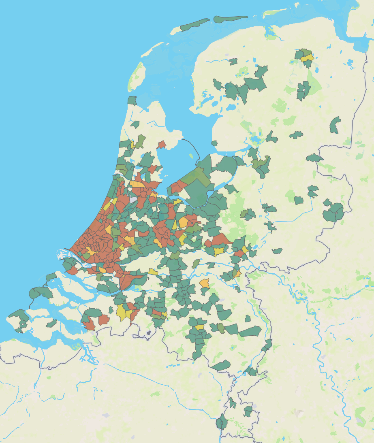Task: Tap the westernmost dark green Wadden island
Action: click(132, 100)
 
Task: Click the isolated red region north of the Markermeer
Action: click(162, 144)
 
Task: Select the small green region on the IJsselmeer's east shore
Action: click(214, 143)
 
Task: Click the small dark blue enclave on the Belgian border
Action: click(149, 333)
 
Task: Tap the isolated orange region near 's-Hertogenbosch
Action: click(205, 283)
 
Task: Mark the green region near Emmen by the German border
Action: click(334, 126)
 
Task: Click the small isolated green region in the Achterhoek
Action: click(277, 251)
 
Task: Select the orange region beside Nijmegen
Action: click(237, 274)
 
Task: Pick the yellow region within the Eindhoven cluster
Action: click(199, 327)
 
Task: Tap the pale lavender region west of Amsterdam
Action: click(133, 200)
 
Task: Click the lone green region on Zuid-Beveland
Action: click(51, 323)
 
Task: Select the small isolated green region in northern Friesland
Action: click(233, 62)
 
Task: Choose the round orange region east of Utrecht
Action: click(183, 222)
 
